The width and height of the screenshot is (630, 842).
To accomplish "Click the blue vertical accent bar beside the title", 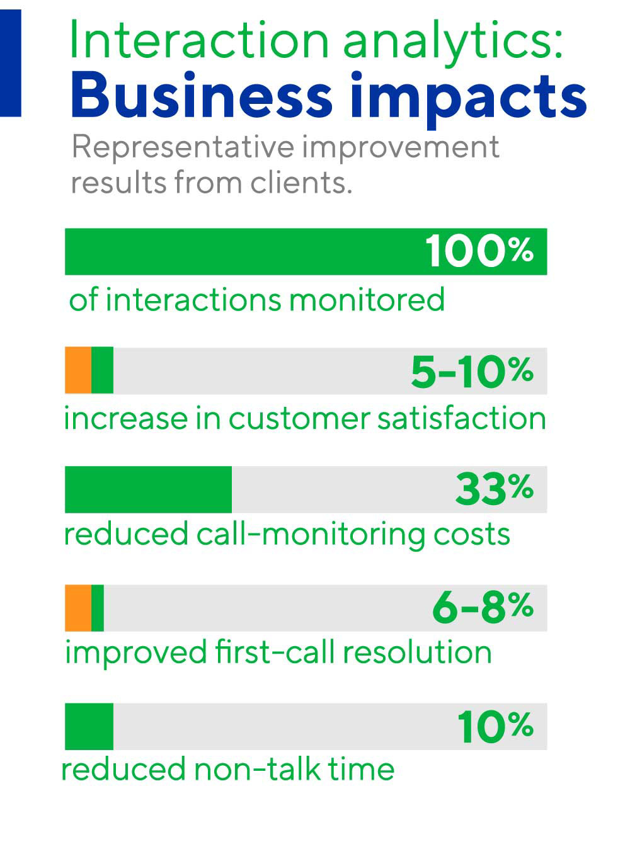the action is pos(10,63).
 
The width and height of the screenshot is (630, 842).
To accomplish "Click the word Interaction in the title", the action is pos(199,40).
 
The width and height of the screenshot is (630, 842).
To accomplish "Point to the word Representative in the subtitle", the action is pos(182,149).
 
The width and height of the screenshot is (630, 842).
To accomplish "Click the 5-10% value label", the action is pos(472,372).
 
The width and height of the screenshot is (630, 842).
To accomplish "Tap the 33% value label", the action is pos(494,489).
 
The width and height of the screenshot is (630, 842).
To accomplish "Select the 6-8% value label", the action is pos(483,608).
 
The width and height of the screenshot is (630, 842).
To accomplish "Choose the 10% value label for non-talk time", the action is pos(495,727).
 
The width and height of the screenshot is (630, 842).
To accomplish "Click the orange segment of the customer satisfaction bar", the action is pos(78,370).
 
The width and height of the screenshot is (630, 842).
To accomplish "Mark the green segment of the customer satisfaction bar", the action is pos(103,370).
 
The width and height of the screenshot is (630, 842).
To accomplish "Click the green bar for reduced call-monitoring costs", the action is pos(148,489).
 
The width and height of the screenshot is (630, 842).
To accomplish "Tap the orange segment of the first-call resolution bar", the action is pos(78,608).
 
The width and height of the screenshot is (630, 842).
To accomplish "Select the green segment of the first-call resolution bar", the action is pos(98,608).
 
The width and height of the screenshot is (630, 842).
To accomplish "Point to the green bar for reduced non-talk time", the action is pos(89,727).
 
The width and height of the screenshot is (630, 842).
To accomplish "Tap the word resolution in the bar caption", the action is pos(416,652).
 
